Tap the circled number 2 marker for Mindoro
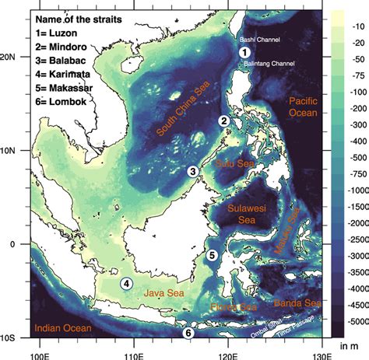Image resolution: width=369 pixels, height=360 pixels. pyautogui.click(x=223, y=121)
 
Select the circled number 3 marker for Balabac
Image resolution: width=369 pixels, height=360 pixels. pyautogui.click(x=192, y=172)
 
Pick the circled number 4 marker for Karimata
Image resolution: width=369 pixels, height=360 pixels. pyautogui.click(x=125, y=284)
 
